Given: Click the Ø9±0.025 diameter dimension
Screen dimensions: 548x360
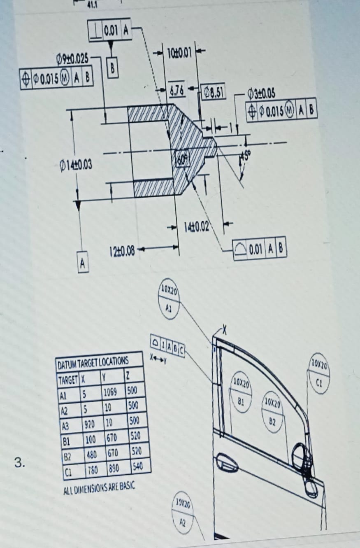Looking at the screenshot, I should click(x=72, y=59).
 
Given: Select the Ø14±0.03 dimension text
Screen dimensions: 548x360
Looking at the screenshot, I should click(x=75, y=166).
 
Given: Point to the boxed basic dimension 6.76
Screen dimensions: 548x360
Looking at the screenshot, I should click(x=177, y=89).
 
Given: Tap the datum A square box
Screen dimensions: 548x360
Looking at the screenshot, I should click(x=82, y=262).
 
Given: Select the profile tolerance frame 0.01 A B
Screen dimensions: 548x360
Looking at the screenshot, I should click(x=260, y=249).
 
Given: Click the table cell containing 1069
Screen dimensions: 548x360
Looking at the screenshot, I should click(x=110, y=391).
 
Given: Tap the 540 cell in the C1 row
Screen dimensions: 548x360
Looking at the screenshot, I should click(x=138, y=466).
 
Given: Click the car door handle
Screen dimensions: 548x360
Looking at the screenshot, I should click(x=226, y=462).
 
